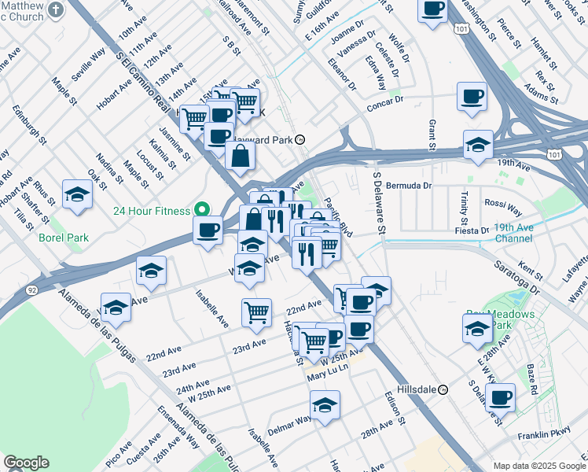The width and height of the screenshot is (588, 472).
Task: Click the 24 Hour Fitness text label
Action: pos(152,211)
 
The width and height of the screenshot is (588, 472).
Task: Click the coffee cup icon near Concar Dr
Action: pos(472,97)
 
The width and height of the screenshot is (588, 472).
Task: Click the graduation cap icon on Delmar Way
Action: pos(325,405)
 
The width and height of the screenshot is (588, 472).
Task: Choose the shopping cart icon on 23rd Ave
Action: pos(256,312)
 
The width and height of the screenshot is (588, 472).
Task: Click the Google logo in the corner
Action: pos(26,463)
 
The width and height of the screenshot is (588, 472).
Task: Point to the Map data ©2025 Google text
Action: pos(538,465)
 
